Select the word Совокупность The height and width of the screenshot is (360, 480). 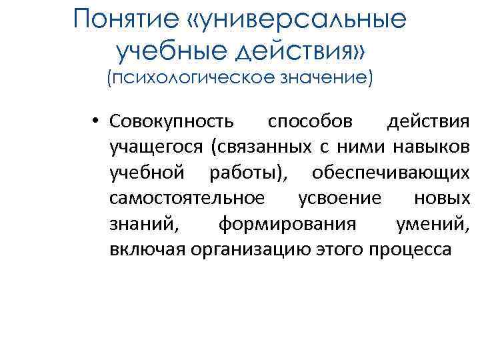coord(172,122)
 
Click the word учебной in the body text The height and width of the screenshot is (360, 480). coord(147,173)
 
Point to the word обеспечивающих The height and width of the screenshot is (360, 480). coord(391,173)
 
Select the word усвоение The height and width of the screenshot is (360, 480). coord(340,198)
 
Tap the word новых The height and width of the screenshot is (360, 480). coord(442,198)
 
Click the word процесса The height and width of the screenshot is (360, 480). coord(413,249)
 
